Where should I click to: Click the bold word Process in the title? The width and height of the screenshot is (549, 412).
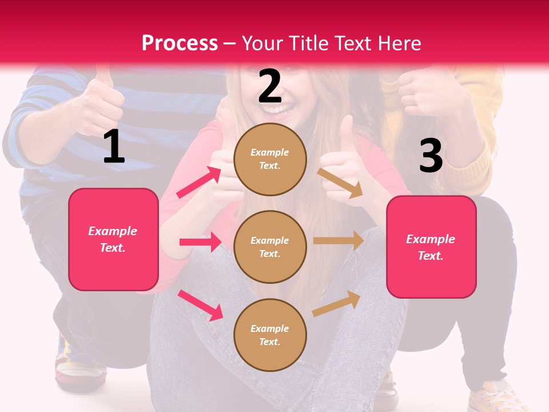180,43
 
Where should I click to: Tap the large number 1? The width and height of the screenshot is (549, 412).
114,146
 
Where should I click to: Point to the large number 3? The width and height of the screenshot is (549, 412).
431,156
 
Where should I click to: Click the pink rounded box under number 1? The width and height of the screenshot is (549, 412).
113,239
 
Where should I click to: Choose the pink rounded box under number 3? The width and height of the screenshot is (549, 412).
431,247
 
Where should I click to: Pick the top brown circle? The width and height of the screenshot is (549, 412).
270,159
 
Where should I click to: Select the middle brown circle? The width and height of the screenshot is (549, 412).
270,247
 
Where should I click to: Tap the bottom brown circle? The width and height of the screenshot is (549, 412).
270,335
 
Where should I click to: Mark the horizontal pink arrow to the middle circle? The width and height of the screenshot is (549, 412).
200,242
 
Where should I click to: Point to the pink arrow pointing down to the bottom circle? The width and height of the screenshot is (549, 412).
200,305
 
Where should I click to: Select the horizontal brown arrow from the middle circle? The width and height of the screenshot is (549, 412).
339,241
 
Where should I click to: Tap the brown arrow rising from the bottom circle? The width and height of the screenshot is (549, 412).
337,303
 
